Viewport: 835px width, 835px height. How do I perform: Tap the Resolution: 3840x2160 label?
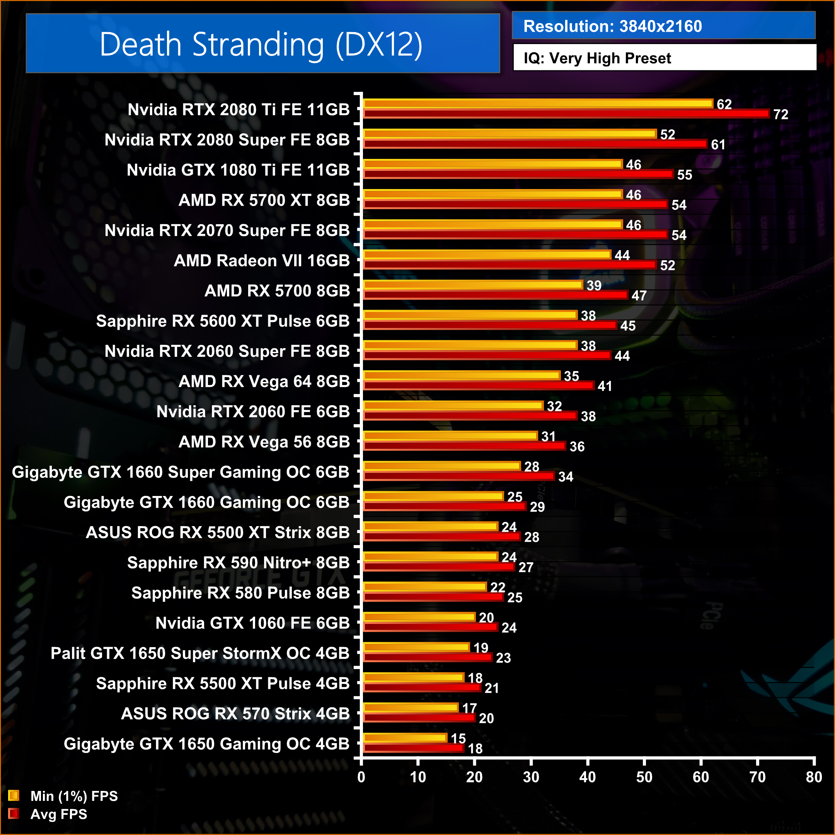point(612,26)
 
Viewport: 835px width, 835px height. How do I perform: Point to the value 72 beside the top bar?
point(780,114)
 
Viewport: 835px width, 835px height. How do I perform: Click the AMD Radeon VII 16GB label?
point(261,261)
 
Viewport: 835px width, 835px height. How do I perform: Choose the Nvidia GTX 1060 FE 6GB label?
point(252,623)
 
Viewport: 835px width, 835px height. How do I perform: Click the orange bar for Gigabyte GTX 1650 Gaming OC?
point(405,737)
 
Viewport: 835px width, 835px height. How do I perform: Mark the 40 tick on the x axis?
point(587,777)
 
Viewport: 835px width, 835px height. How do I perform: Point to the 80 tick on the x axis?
point(814,777)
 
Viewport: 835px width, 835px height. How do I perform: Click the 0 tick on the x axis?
point(361,777)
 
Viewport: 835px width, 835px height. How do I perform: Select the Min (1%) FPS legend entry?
point(73,796)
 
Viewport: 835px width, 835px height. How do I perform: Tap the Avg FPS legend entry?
point(58,814)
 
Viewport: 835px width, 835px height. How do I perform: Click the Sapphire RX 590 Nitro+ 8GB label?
point(238,563)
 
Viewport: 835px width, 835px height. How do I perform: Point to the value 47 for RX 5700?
point(639,296)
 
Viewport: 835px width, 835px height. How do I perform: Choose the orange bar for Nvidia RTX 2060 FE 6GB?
point(453,406)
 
